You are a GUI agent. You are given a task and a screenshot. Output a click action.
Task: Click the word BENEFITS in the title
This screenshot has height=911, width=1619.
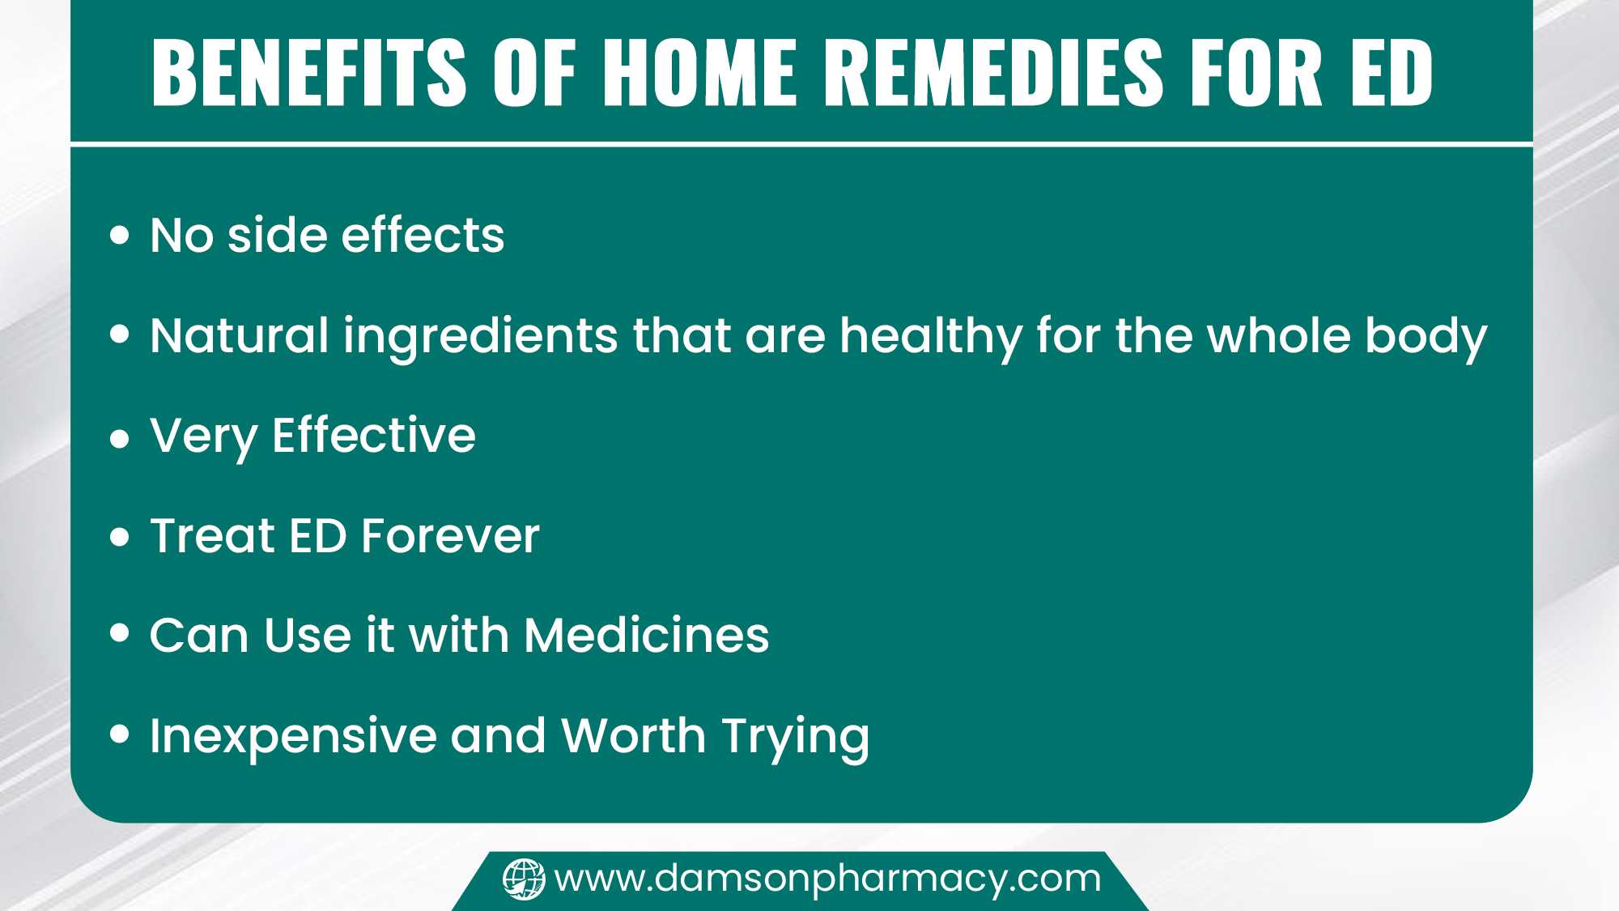308,73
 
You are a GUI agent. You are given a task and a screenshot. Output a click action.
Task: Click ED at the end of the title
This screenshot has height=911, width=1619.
1392,73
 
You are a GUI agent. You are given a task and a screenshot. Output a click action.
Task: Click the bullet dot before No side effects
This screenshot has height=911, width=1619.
120,235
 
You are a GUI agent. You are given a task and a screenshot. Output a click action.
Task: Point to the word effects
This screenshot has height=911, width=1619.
423,236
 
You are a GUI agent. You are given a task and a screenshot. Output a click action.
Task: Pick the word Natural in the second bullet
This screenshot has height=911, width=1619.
239,335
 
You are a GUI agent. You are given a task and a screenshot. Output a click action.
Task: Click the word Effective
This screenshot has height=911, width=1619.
374,436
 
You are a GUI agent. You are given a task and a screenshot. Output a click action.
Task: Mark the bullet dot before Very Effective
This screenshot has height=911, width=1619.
120,439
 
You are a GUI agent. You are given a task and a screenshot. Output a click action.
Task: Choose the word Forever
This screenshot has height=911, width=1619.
450,536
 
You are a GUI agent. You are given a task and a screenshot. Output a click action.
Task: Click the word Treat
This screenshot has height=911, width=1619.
213,536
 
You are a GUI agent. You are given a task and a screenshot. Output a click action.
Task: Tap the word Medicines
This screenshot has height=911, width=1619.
647,635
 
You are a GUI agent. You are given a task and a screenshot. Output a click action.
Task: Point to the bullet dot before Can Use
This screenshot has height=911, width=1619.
120,633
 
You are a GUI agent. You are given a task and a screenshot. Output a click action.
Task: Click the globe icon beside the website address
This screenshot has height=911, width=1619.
524,879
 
